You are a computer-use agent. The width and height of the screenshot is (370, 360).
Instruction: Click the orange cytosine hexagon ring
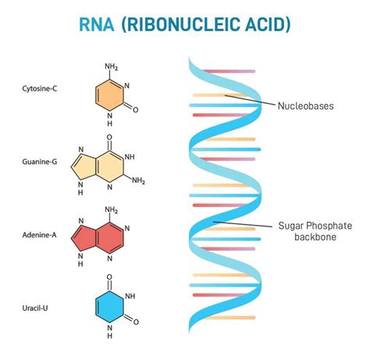110,94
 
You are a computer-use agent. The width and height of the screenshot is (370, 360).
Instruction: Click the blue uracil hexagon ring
110,305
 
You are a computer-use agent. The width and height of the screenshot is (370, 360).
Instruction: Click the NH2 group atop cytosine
111,66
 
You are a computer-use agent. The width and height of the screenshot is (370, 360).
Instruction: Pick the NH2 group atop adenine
111,209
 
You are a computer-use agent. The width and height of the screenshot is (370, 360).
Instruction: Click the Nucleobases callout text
305,104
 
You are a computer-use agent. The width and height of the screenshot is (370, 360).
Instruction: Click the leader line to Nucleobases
250,100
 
